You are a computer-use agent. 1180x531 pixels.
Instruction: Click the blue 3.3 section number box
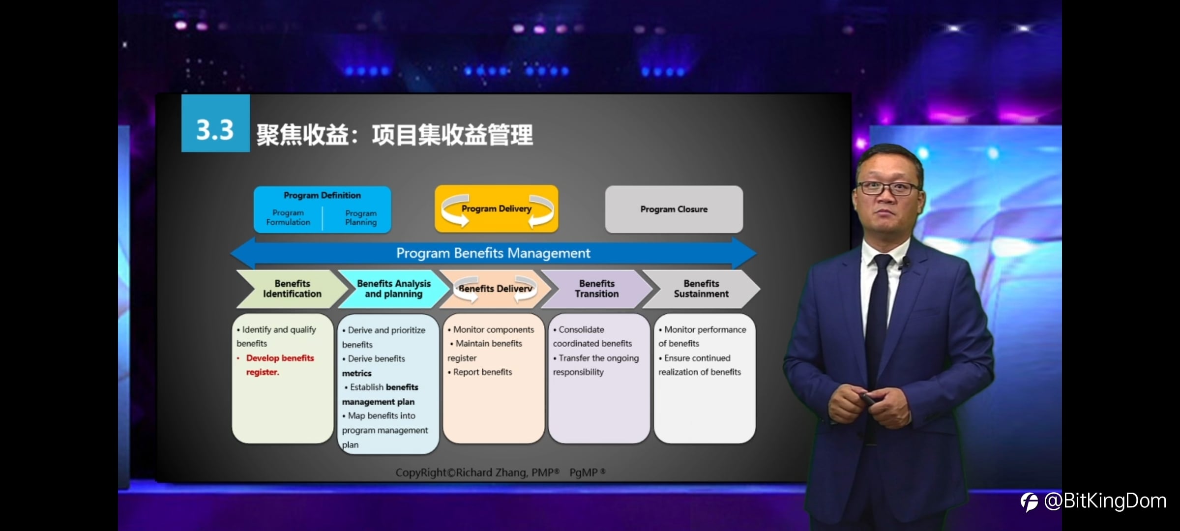click(x=215, y=123)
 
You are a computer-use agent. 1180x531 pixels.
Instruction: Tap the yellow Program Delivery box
click(x=497, y=208)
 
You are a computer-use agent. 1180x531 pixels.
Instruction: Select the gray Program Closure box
click(x=674, y=209)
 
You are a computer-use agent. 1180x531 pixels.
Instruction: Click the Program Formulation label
click(x=288, y=217)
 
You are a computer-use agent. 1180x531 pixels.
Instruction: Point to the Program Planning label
click(x=361, y=218)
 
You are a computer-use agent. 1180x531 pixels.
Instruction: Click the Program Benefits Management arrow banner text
click(x=493, y=253)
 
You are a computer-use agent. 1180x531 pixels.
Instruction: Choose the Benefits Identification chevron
click(x=292, y=289)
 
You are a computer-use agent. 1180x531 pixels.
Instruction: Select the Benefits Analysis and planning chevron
click(x=393, y=289)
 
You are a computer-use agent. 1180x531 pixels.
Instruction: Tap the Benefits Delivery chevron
click(x=495, y=289)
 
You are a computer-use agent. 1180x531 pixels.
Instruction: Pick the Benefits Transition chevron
click(x=596, y=289)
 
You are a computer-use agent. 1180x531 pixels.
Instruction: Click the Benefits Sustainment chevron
click(x=701, y=289)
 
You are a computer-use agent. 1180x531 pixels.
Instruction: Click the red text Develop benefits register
click(x=279, y=365)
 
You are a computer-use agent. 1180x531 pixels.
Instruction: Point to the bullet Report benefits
click(x=480, y=372)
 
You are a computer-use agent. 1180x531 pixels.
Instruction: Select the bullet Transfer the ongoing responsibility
click(x=596, y=365)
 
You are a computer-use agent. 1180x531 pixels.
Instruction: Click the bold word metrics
click(x=357, y=373)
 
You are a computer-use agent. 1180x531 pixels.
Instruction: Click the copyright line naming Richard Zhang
click(x=501, y=472)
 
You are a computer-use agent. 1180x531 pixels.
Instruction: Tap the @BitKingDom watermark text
click(x=1105, y=501)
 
